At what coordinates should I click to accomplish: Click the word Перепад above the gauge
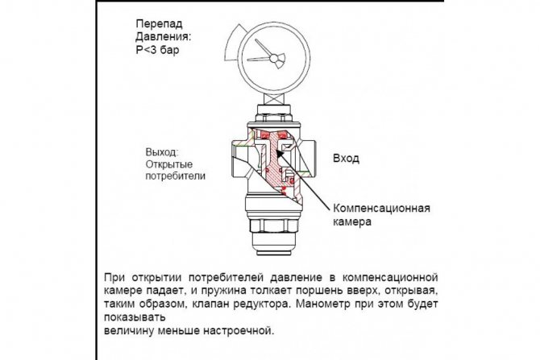pos(159,24)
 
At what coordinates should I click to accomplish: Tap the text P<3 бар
pos(157,50)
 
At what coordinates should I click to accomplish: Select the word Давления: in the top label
pos(164,36)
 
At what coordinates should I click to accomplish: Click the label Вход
pos(346,159)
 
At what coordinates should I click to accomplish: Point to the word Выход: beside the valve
pos(162,152)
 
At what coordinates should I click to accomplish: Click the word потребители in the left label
pos(175,176)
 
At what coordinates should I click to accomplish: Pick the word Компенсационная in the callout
pos(381,209)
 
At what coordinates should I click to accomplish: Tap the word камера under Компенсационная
pos(352,221)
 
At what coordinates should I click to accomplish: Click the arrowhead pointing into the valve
pos(280,153)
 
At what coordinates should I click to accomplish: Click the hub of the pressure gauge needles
pos(275,59)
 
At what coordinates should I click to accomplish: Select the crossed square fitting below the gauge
pos(274,98)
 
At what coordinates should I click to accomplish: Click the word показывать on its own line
pos(135,317)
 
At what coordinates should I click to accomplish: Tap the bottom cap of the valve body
pos(274,245)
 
